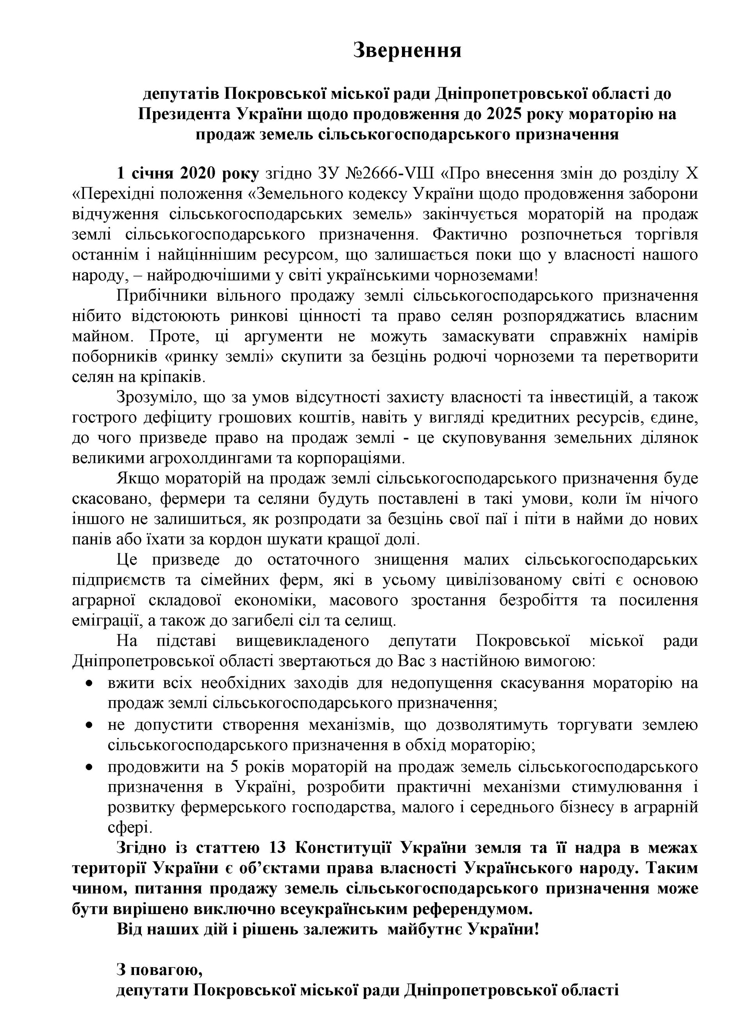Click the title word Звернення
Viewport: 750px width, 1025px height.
coord(407,50)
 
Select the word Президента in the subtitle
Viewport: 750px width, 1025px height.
coord(184,114)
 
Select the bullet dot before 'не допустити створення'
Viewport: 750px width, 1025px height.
coord(90,725)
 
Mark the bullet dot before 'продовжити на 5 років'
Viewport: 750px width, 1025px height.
coord(90,767)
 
